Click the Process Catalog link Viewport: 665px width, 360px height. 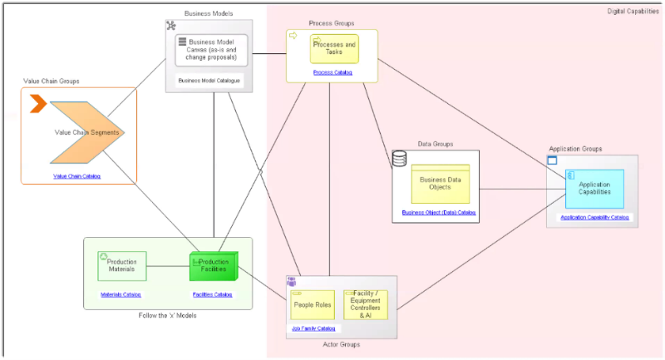pos(332,73)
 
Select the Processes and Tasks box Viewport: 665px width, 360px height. pos(334,48)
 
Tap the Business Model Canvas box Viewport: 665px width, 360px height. pos(212,50)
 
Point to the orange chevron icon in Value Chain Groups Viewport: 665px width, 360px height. pos(37,104)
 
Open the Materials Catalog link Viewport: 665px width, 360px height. pos(121,295)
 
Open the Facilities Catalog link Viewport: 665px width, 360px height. pos(212,295)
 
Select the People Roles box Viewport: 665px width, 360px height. pos(312,305)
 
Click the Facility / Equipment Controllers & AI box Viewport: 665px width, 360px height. pos(366,305)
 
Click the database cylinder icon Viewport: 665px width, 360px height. pos(399,158)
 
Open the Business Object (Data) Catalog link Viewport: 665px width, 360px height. pos(439,213)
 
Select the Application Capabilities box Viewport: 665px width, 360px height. pos(594,188)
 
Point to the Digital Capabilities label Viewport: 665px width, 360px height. pos(633,12)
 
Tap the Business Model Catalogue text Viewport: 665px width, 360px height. pos(209,81)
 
